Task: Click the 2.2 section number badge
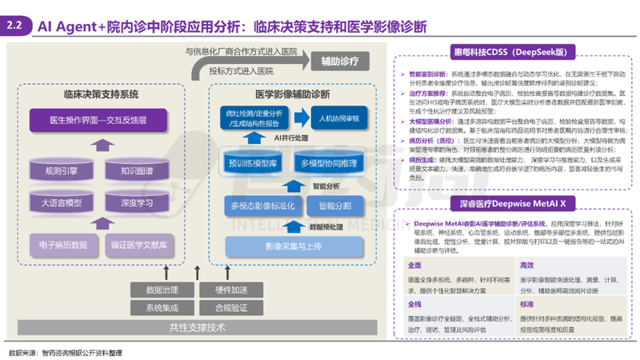click(x=16, y=26)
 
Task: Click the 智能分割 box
click(x=335, y=206)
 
